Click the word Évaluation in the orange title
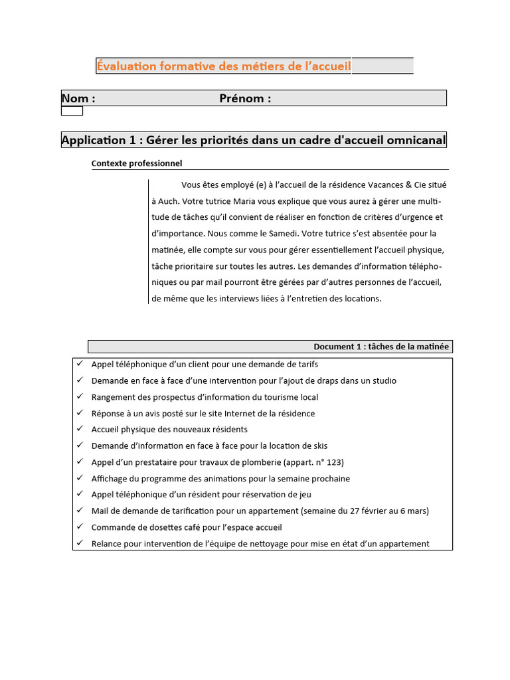(126, 66)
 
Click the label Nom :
(78, 98)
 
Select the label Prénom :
(245, 98)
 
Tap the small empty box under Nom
(72, 111)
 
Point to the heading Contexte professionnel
(137, 163)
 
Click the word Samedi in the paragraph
(282, 234)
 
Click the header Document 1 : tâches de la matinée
(381, 347)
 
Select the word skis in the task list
(319, 446)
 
